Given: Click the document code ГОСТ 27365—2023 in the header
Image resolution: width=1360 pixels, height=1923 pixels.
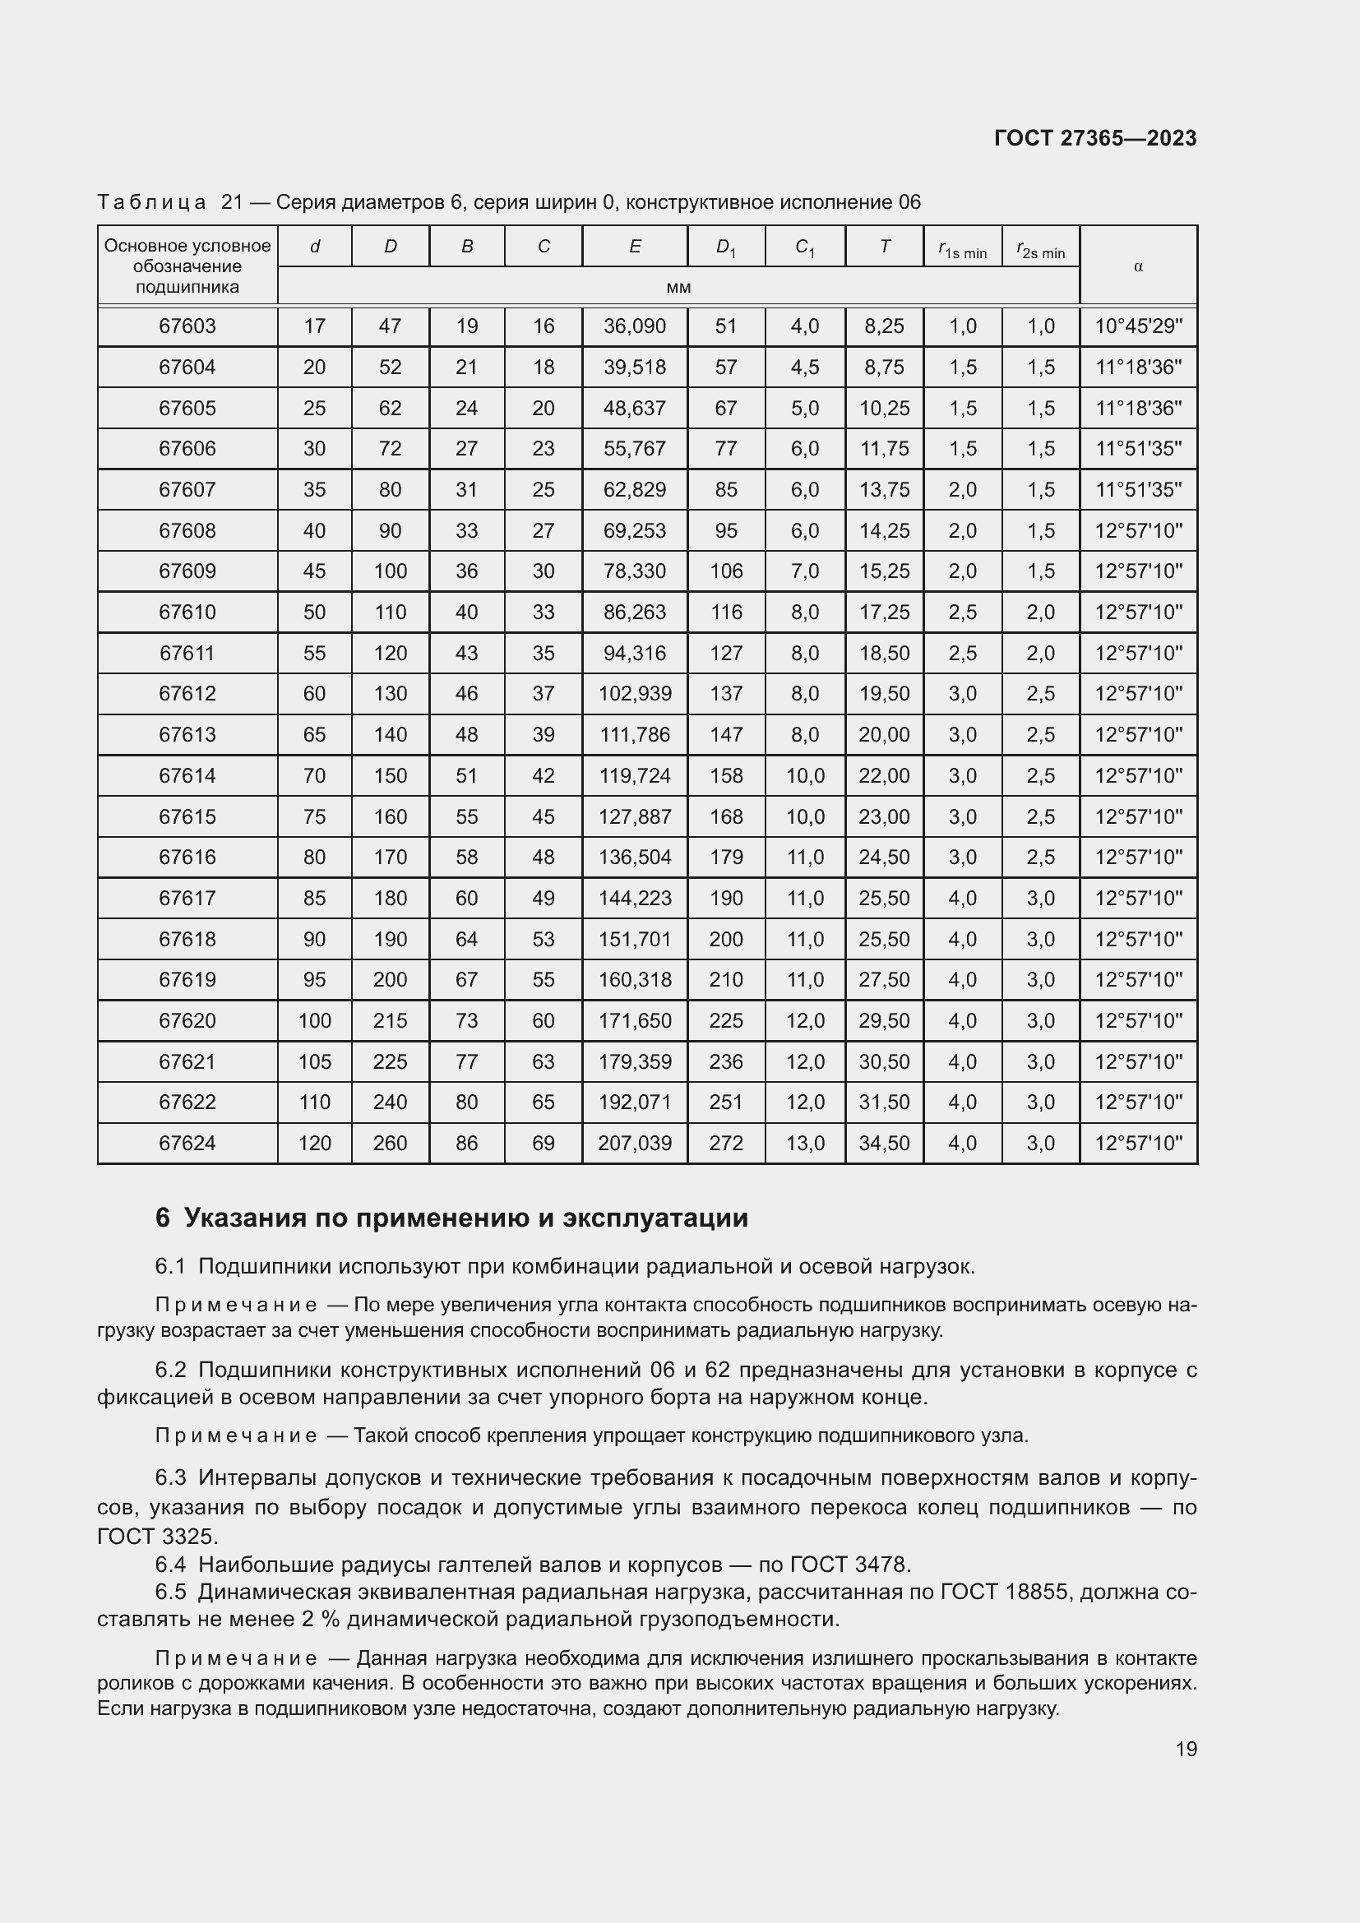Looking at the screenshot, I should [x=1094, y=138].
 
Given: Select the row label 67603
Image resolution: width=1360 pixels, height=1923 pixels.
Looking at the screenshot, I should [x=187, y=326].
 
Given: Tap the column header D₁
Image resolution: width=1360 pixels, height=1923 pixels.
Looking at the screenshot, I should [x=725, y=247].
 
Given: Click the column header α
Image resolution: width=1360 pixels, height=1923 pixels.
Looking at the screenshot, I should [x=1137, y=266].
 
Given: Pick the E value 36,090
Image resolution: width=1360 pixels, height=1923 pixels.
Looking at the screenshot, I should [x=634, y=326].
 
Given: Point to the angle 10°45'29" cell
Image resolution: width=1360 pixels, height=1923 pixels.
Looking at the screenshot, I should [x=1138, y=326].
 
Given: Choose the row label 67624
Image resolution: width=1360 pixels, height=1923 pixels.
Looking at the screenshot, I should [x=187, y=1144].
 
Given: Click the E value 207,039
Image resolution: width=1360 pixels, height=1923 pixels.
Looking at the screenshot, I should [x=634, y=1144].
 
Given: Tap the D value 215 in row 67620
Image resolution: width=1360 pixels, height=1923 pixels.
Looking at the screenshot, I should [x=390, y=1021].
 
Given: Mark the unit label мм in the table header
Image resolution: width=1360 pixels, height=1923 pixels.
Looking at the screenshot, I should [x=678, y=287].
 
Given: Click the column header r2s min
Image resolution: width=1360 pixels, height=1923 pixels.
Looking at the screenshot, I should [x=1040, y=250].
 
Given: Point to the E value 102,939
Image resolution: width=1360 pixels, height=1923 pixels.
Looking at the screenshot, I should [x=634, y=694].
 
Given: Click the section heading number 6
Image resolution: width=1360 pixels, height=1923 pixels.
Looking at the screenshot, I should [x=163, y=1218].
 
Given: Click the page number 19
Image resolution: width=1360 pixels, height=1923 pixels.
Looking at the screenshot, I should [x=1186, y=1749].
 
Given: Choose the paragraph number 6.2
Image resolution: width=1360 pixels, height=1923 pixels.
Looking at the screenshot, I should [x=170, y=1371].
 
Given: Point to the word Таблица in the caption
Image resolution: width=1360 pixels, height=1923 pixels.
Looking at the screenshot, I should [x=151, y=203].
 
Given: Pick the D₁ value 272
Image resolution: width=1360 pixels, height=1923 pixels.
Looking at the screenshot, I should [x=725, y=1144].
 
